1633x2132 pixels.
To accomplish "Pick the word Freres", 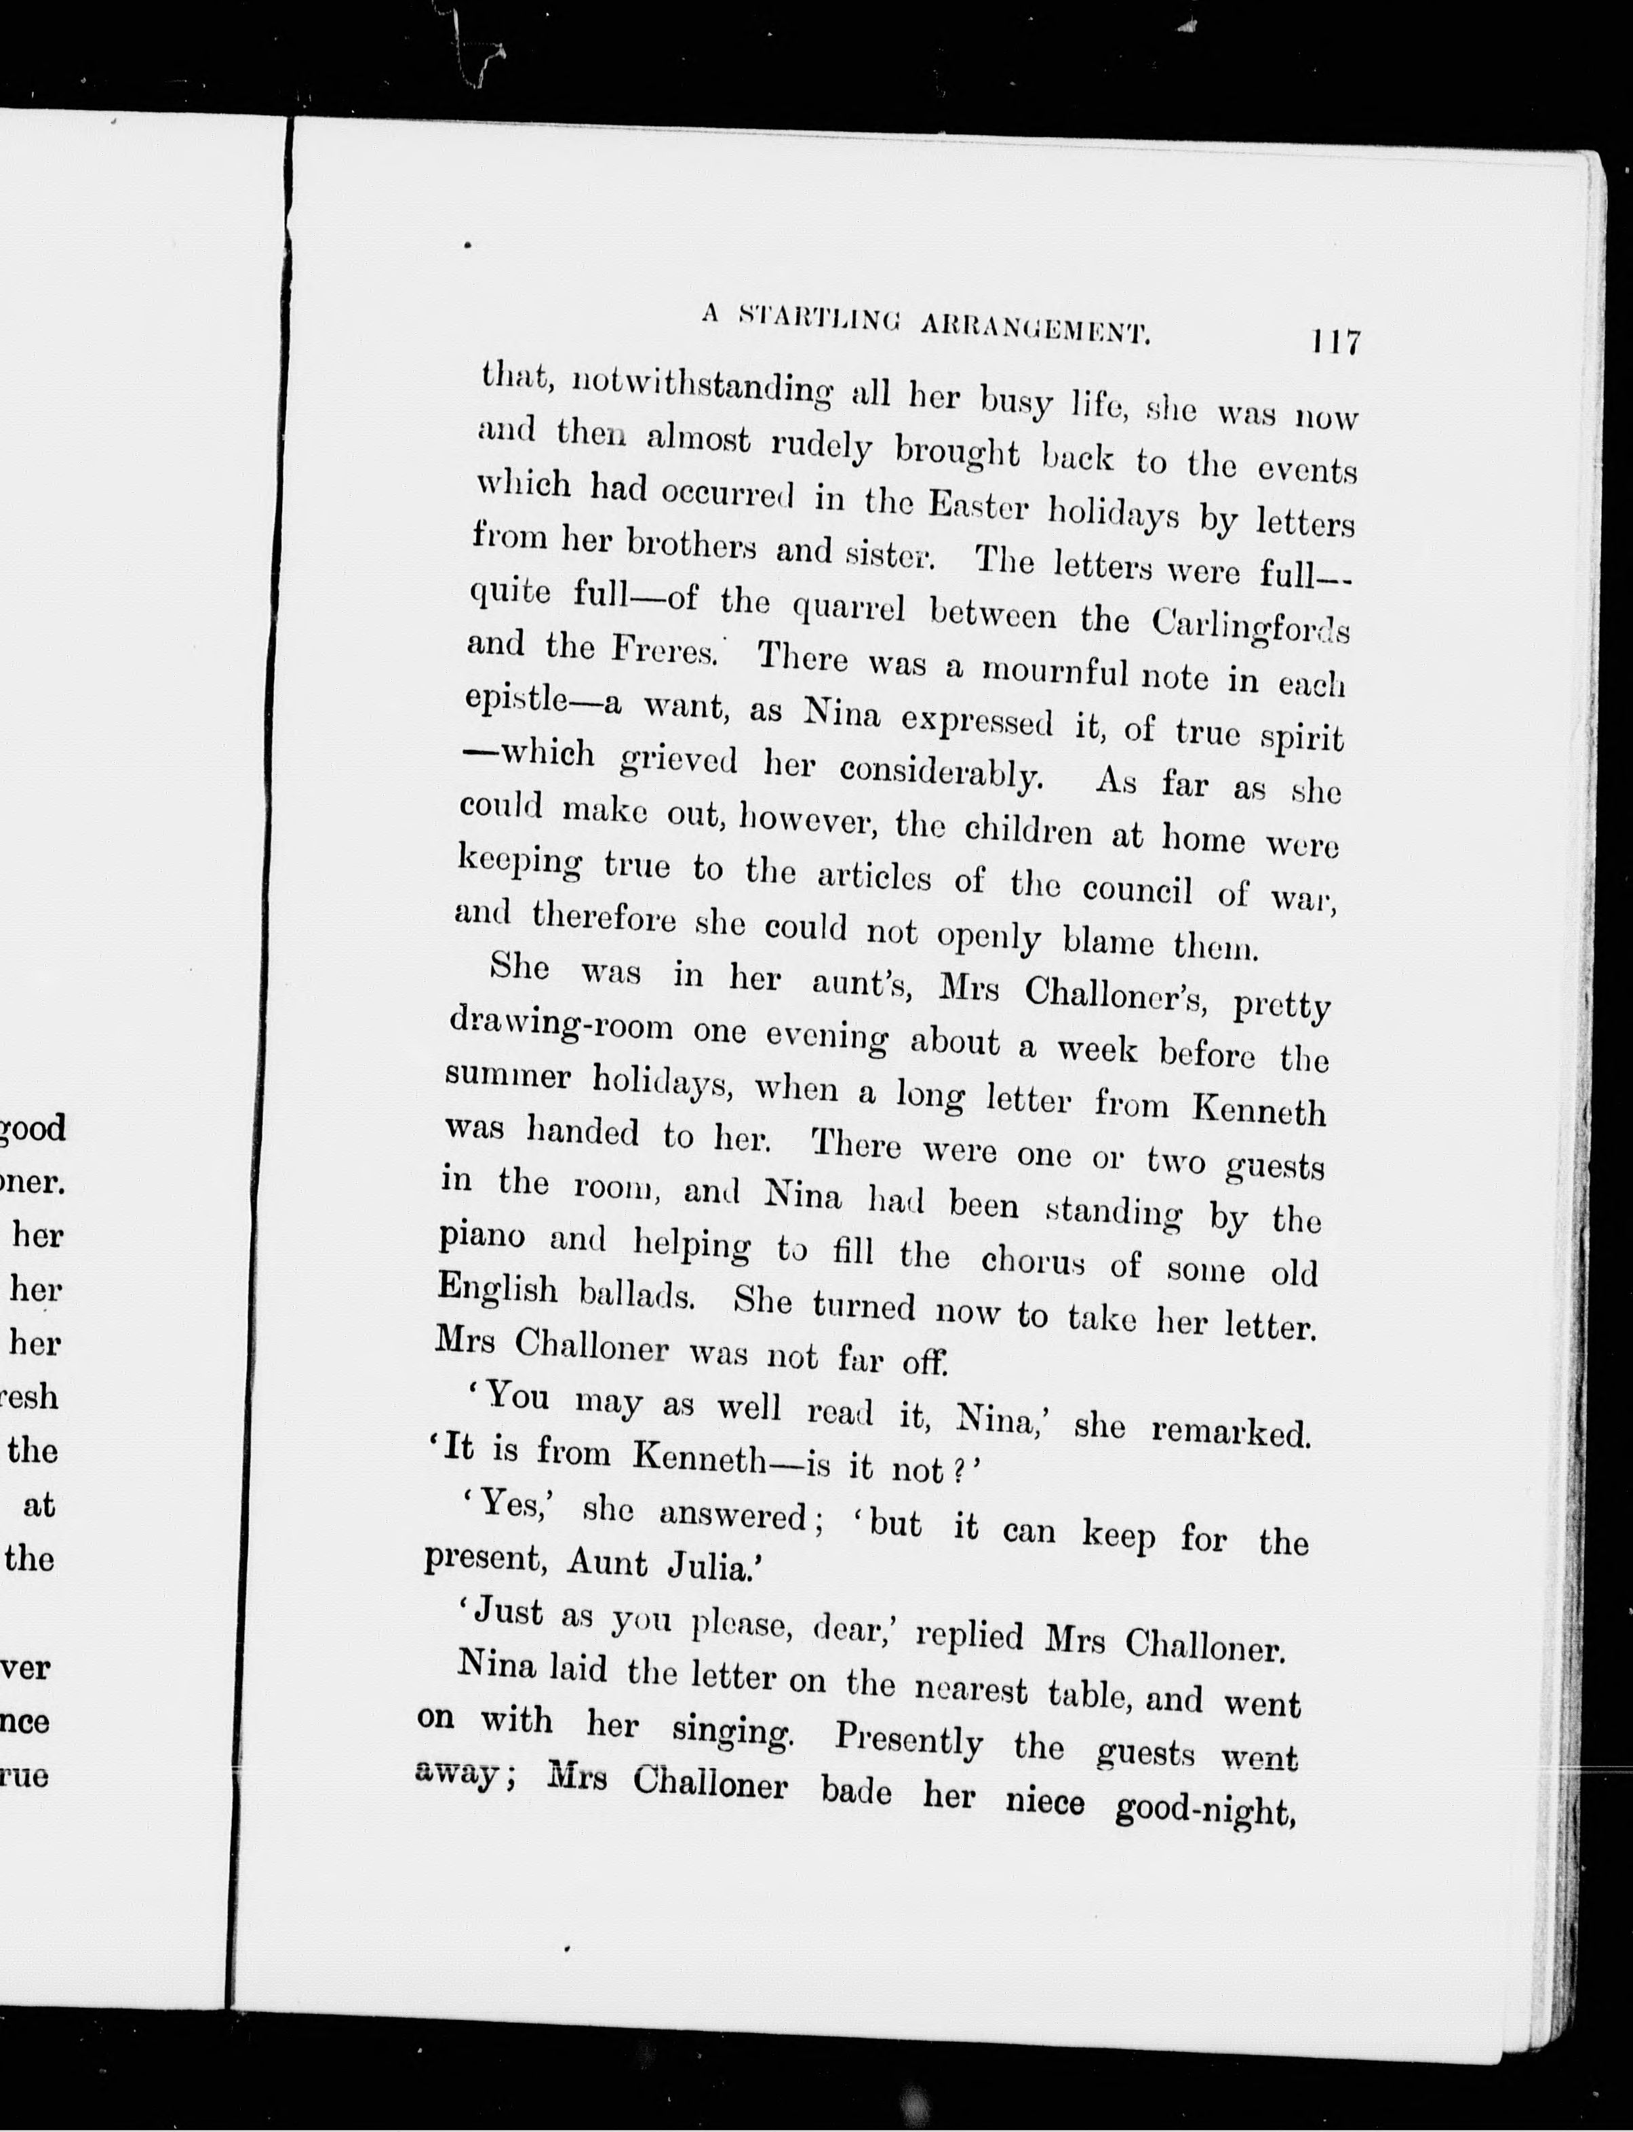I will point(664,649).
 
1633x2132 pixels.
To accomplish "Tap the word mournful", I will point(1054,671).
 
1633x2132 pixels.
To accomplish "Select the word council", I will point(1137,889).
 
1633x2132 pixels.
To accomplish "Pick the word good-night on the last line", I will point(1205,1809).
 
